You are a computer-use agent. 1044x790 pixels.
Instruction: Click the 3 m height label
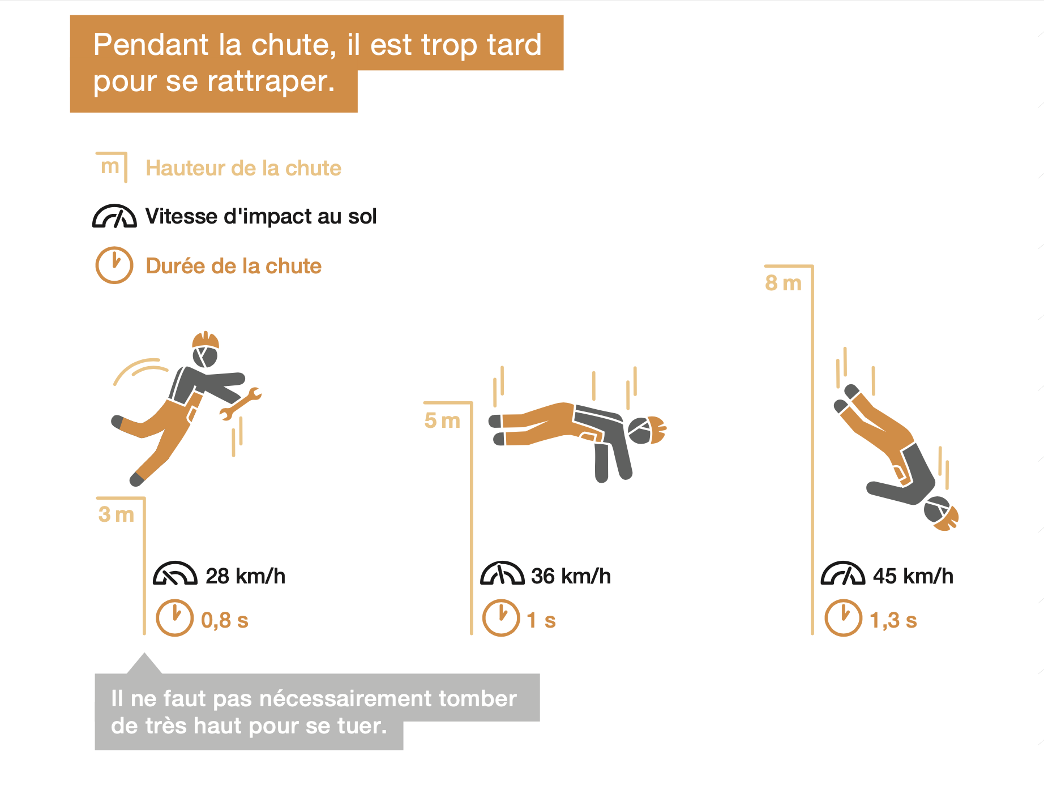[116, 514]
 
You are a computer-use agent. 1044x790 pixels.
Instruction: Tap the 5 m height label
[442, 420]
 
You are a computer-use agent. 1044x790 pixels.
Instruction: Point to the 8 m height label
[784, 283]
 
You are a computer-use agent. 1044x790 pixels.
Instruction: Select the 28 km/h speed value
[245, 576]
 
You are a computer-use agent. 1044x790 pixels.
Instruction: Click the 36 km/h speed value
[571, 576]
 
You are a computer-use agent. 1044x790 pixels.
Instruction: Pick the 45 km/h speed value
[913, 576]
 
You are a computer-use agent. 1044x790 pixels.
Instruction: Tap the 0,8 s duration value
[225, 620]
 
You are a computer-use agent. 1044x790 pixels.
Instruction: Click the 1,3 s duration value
[893, 620]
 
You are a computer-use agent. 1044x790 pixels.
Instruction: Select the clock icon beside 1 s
[501, 618]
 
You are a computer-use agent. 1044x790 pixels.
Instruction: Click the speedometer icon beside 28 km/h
[175, 573]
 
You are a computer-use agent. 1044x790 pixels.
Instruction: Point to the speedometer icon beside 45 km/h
[843, 573]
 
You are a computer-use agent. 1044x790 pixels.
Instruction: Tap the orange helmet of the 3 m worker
[206, 340]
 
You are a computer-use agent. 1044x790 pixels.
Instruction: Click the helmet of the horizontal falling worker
[657, 430]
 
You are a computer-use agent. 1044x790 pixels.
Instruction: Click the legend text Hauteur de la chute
[243, 168]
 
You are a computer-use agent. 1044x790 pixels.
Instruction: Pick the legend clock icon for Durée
[114, 265]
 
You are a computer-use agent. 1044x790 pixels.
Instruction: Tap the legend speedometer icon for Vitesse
[114, 216]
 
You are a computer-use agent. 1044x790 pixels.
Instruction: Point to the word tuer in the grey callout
[362, 725]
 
